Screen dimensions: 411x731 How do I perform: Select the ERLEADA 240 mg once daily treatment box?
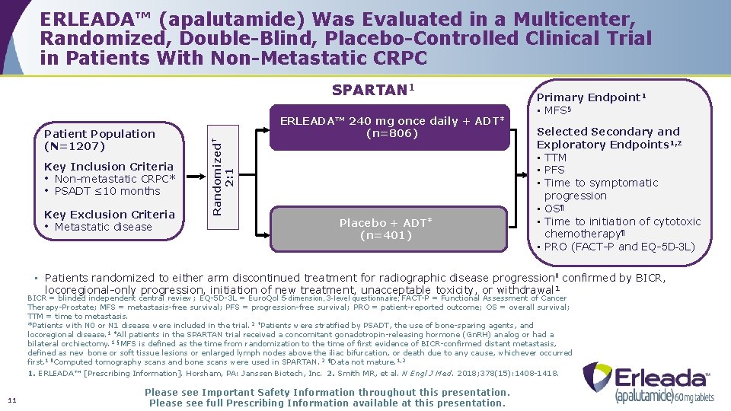coord(392,127)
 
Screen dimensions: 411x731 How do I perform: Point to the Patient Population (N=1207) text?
coord(99,139)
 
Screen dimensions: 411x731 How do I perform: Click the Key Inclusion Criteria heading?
coord(109,167)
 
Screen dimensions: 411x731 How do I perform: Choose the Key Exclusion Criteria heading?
coord(110,215)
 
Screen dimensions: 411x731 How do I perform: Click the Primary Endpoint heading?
coord(591,97)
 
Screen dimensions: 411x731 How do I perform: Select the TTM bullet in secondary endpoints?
coord(555,158)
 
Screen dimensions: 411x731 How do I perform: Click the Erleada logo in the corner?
coord(649,383)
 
